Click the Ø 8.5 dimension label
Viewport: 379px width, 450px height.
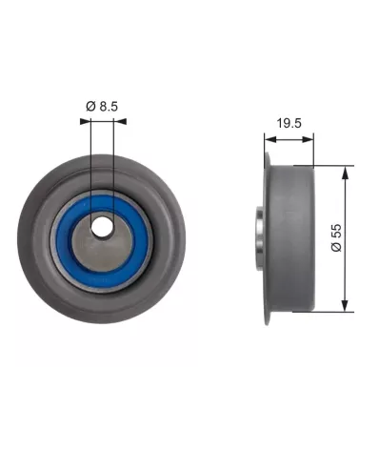coord(102,106)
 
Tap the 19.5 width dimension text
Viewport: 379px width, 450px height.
coord(289,123)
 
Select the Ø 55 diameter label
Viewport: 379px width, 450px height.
coord(336,237)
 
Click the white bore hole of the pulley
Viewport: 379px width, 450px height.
coord(102,227)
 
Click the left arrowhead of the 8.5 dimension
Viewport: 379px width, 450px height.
coord(86,121)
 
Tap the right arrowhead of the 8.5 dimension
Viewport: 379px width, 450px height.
coord(121,121)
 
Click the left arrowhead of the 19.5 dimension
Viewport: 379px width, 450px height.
coord(270,139)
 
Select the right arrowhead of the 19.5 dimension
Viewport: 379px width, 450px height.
coord(308,139)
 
